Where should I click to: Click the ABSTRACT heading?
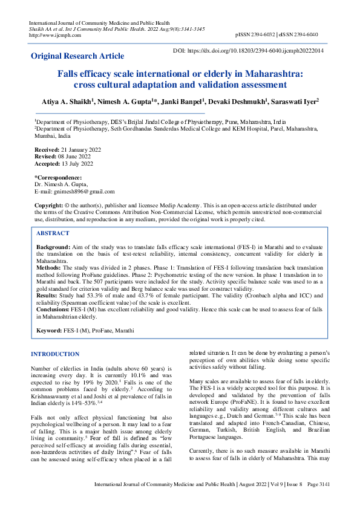(x=53, y=233)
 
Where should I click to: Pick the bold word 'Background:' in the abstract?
(x=53, y=248)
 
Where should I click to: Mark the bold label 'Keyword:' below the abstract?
(x=49, y=331)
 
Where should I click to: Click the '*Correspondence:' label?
(x=57, y=178)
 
